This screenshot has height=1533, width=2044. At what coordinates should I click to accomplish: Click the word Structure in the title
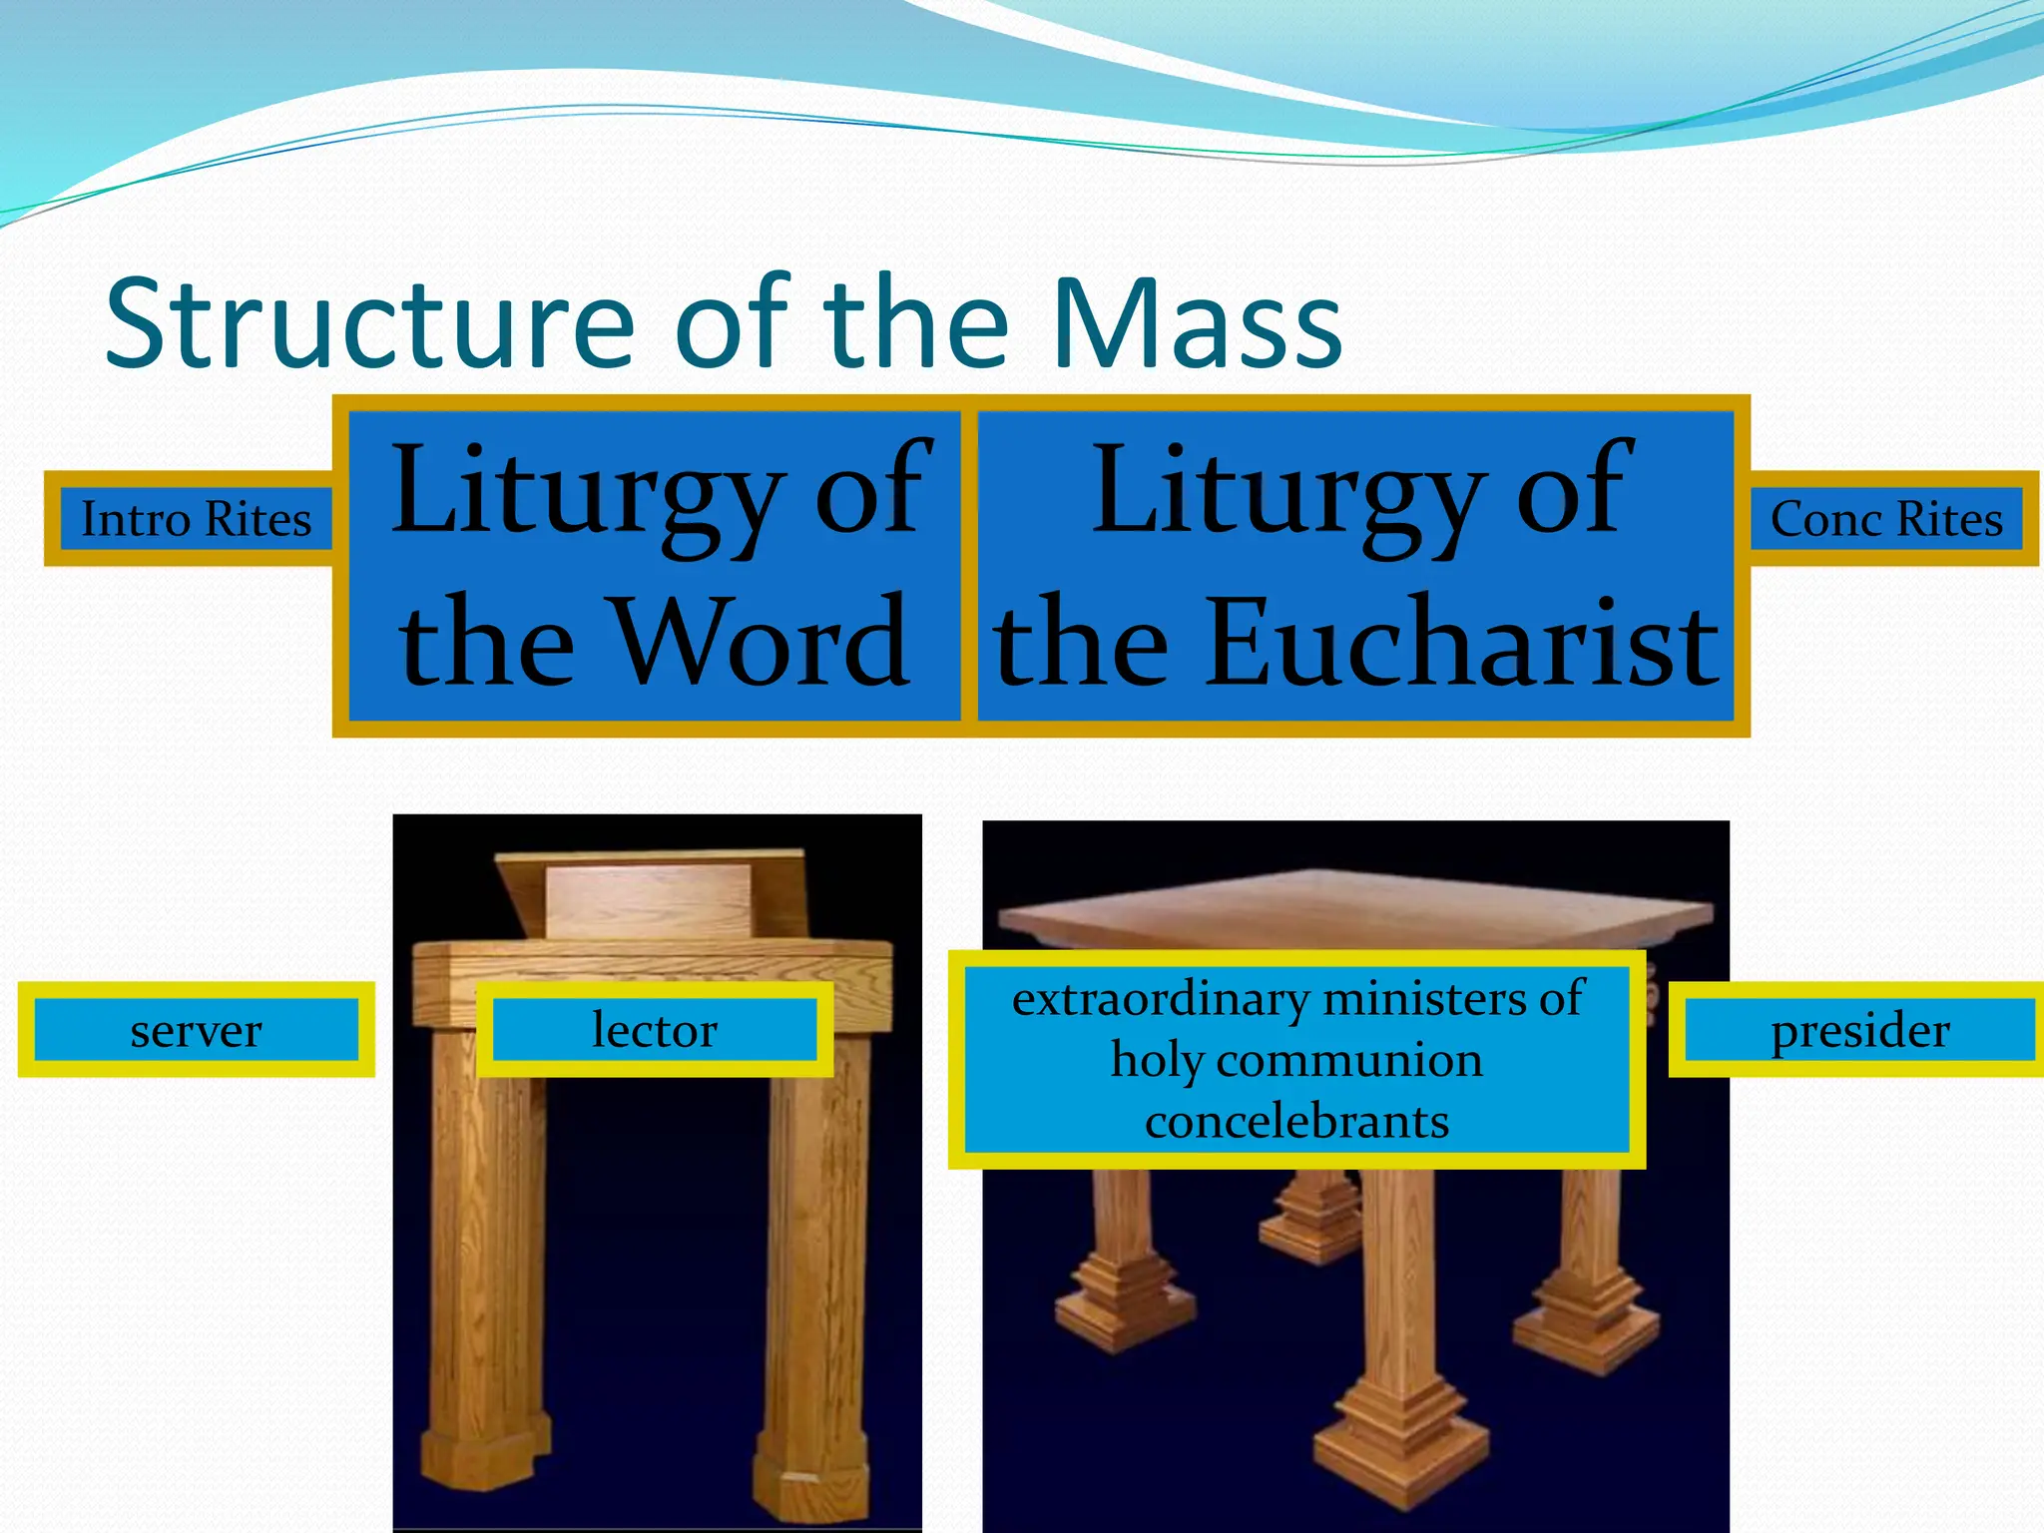[369, 324]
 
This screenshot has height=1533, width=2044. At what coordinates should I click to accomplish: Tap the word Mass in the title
[1198, 324]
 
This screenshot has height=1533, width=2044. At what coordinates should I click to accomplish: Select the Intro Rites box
[196, 519]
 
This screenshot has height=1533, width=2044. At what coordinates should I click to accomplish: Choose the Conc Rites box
[1886, 519]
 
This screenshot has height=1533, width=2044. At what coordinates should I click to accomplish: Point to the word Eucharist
[1462, 641]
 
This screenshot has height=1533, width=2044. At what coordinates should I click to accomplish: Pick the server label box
[196, 1030]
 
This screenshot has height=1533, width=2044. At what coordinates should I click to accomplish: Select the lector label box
[655, 1030]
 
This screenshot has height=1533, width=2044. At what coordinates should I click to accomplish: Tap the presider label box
[1859, 1030]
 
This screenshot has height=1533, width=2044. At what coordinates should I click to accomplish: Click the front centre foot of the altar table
[1402, 1437]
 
